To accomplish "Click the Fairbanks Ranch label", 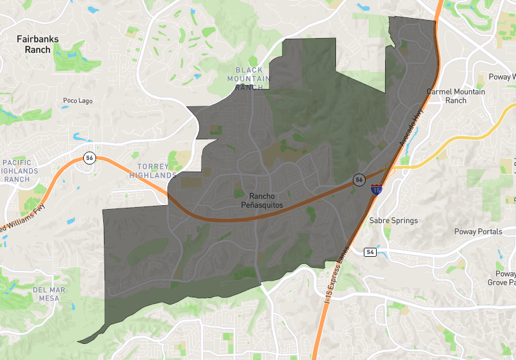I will pyautogui.click(x=37, y=44).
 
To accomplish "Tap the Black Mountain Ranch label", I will pyautogui.click(x=250, y=78).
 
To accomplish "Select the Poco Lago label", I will pyautogui.click(x=78, y=101).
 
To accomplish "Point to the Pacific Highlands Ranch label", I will pyautogui.click(x=20, y=171).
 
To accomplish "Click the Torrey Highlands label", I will pyautogui.click(x=153, y=171).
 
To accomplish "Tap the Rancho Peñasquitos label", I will pyautogui.click(x=262, y=200).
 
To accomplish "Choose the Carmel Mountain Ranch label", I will pyautogui.click(x=456, y=96).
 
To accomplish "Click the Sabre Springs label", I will pyautogui.click(x=393, y=220).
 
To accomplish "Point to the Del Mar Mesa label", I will pyautogui.click(x=49, y=294).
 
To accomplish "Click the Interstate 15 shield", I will pyautogui.click(x=376, y=189).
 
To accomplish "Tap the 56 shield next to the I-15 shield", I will pyautogui.click(x=359, y=179).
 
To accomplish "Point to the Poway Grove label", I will pyautogui.click(x=501, y=278).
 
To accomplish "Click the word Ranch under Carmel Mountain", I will pyautogui.click(x=455, y=101).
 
